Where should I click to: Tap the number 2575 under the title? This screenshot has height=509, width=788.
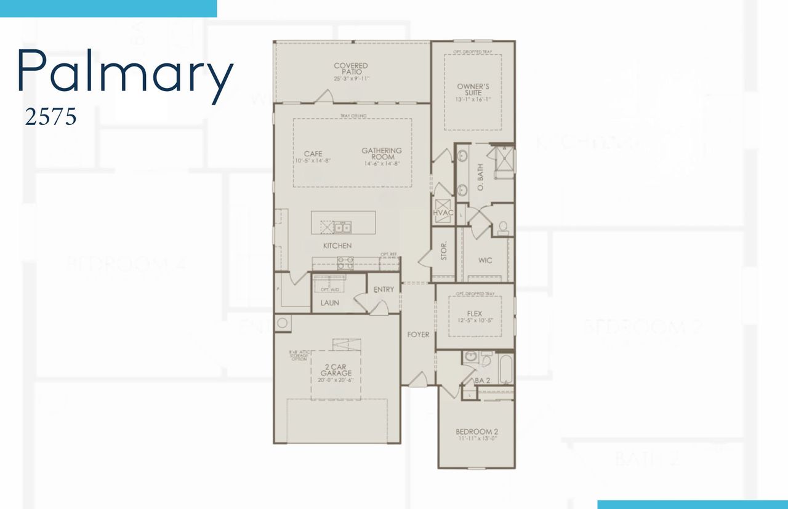point(50,116)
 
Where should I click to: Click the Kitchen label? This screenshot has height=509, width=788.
point(337,246)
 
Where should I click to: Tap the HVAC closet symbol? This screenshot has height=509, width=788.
point(443,208)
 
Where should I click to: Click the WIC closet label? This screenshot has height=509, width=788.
point(485,260)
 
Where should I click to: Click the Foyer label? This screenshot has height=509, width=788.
point(418,334)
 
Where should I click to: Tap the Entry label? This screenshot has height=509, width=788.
point(384,289)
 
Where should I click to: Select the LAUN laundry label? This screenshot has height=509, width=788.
point(329,303)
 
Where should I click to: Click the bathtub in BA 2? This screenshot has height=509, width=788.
point(506,368)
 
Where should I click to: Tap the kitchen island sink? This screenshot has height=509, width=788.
point(342,228)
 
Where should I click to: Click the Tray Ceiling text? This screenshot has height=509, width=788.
point(353,116)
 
